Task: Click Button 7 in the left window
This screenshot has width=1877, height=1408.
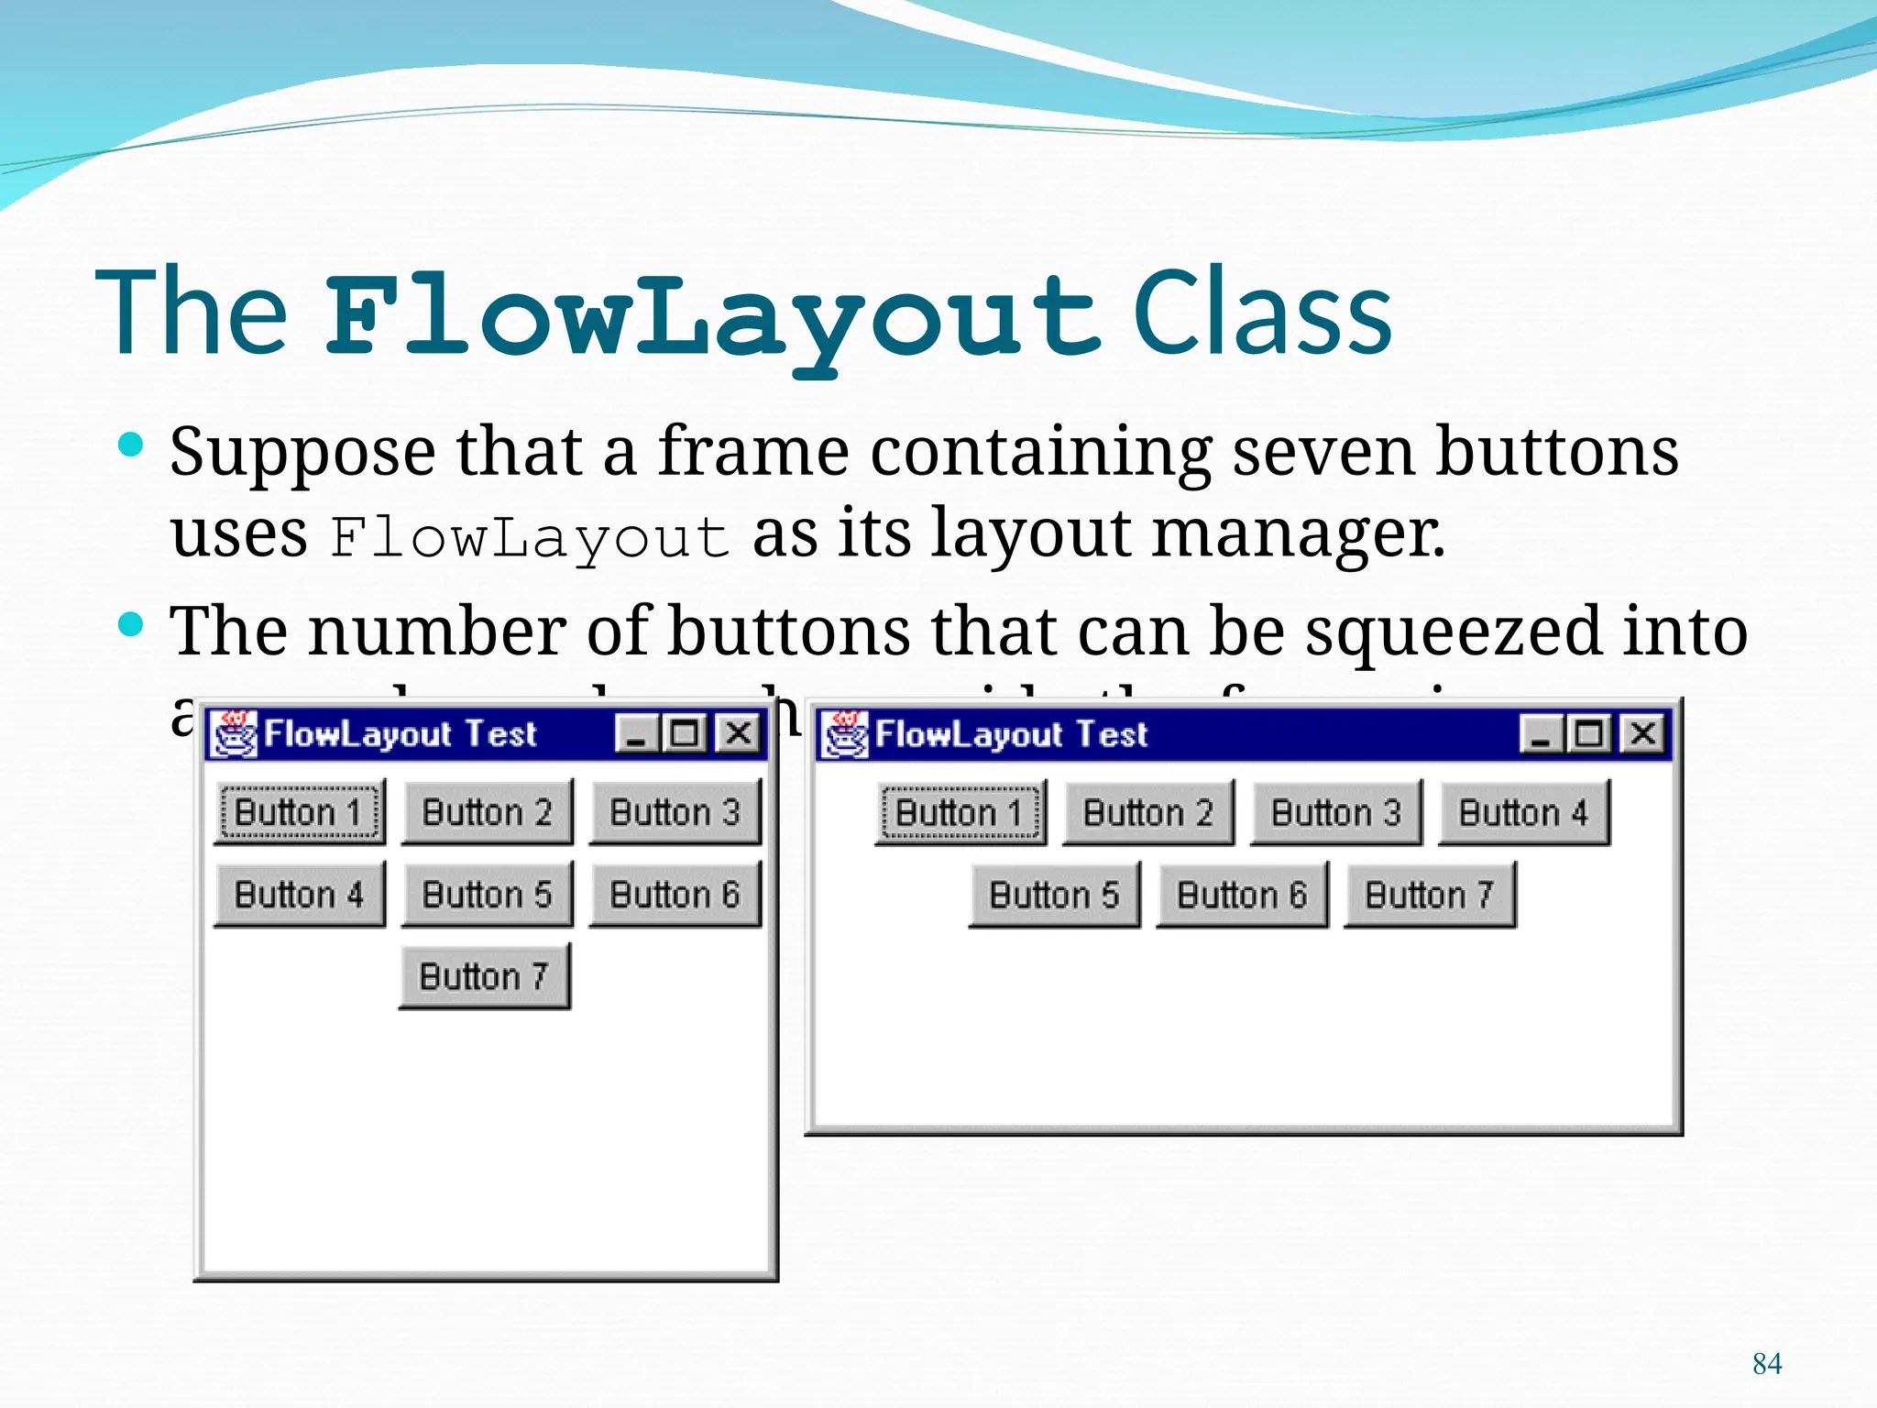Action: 485,976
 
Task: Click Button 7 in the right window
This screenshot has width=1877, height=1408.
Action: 1430,895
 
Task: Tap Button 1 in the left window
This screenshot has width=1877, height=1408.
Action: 300,812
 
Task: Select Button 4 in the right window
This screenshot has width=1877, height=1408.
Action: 1524,812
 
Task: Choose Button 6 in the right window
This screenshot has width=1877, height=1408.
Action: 1242,895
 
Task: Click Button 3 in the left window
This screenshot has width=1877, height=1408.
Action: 675,812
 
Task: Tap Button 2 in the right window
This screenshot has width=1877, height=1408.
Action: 1148,812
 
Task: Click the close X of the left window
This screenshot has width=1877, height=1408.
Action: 739,733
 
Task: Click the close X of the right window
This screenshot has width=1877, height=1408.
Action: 1643,733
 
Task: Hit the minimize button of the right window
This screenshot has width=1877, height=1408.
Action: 1541,733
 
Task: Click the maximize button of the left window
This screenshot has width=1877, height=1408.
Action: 685,733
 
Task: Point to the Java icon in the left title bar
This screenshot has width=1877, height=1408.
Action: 235,733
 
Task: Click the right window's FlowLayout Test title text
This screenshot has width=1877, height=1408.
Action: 1011,734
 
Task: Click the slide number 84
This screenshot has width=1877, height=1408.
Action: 1766,1364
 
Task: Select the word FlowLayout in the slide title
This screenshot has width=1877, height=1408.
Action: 712,316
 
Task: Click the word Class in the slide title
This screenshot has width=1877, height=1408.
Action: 1262,313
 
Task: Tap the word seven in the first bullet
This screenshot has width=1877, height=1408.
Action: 1323,452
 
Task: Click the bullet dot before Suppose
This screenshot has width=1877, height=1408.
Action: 132,446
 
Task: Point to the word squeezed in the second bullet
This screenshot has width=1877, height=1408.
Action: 1453,632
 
